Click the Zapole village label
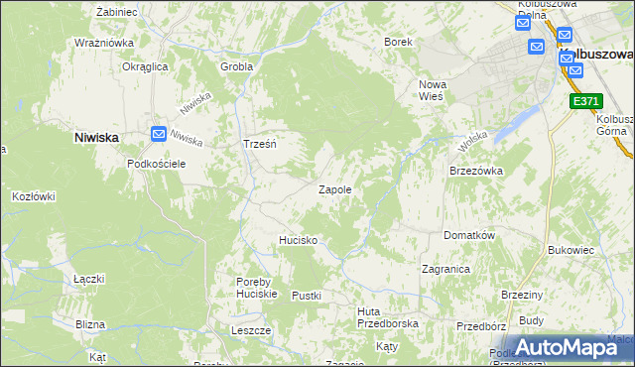tap(334, 189)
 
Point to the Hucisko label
tap(298, 240)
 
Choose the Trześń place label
tap(259, 144)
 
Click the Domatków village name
tap(468, 237)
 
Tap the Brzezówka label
tap(476, 171)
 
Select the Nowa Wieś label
tap(436, 90)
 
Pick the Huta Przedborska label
tap(388, 316)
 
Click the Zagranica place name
tap(445, 269)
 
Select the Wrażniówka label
tap(104, 43)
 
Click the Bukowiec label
tap(570, 251)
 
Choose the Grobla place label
tap(237, 67)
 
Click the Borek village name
tap(398, 43)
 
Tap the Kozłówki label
tap(33, 196)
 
